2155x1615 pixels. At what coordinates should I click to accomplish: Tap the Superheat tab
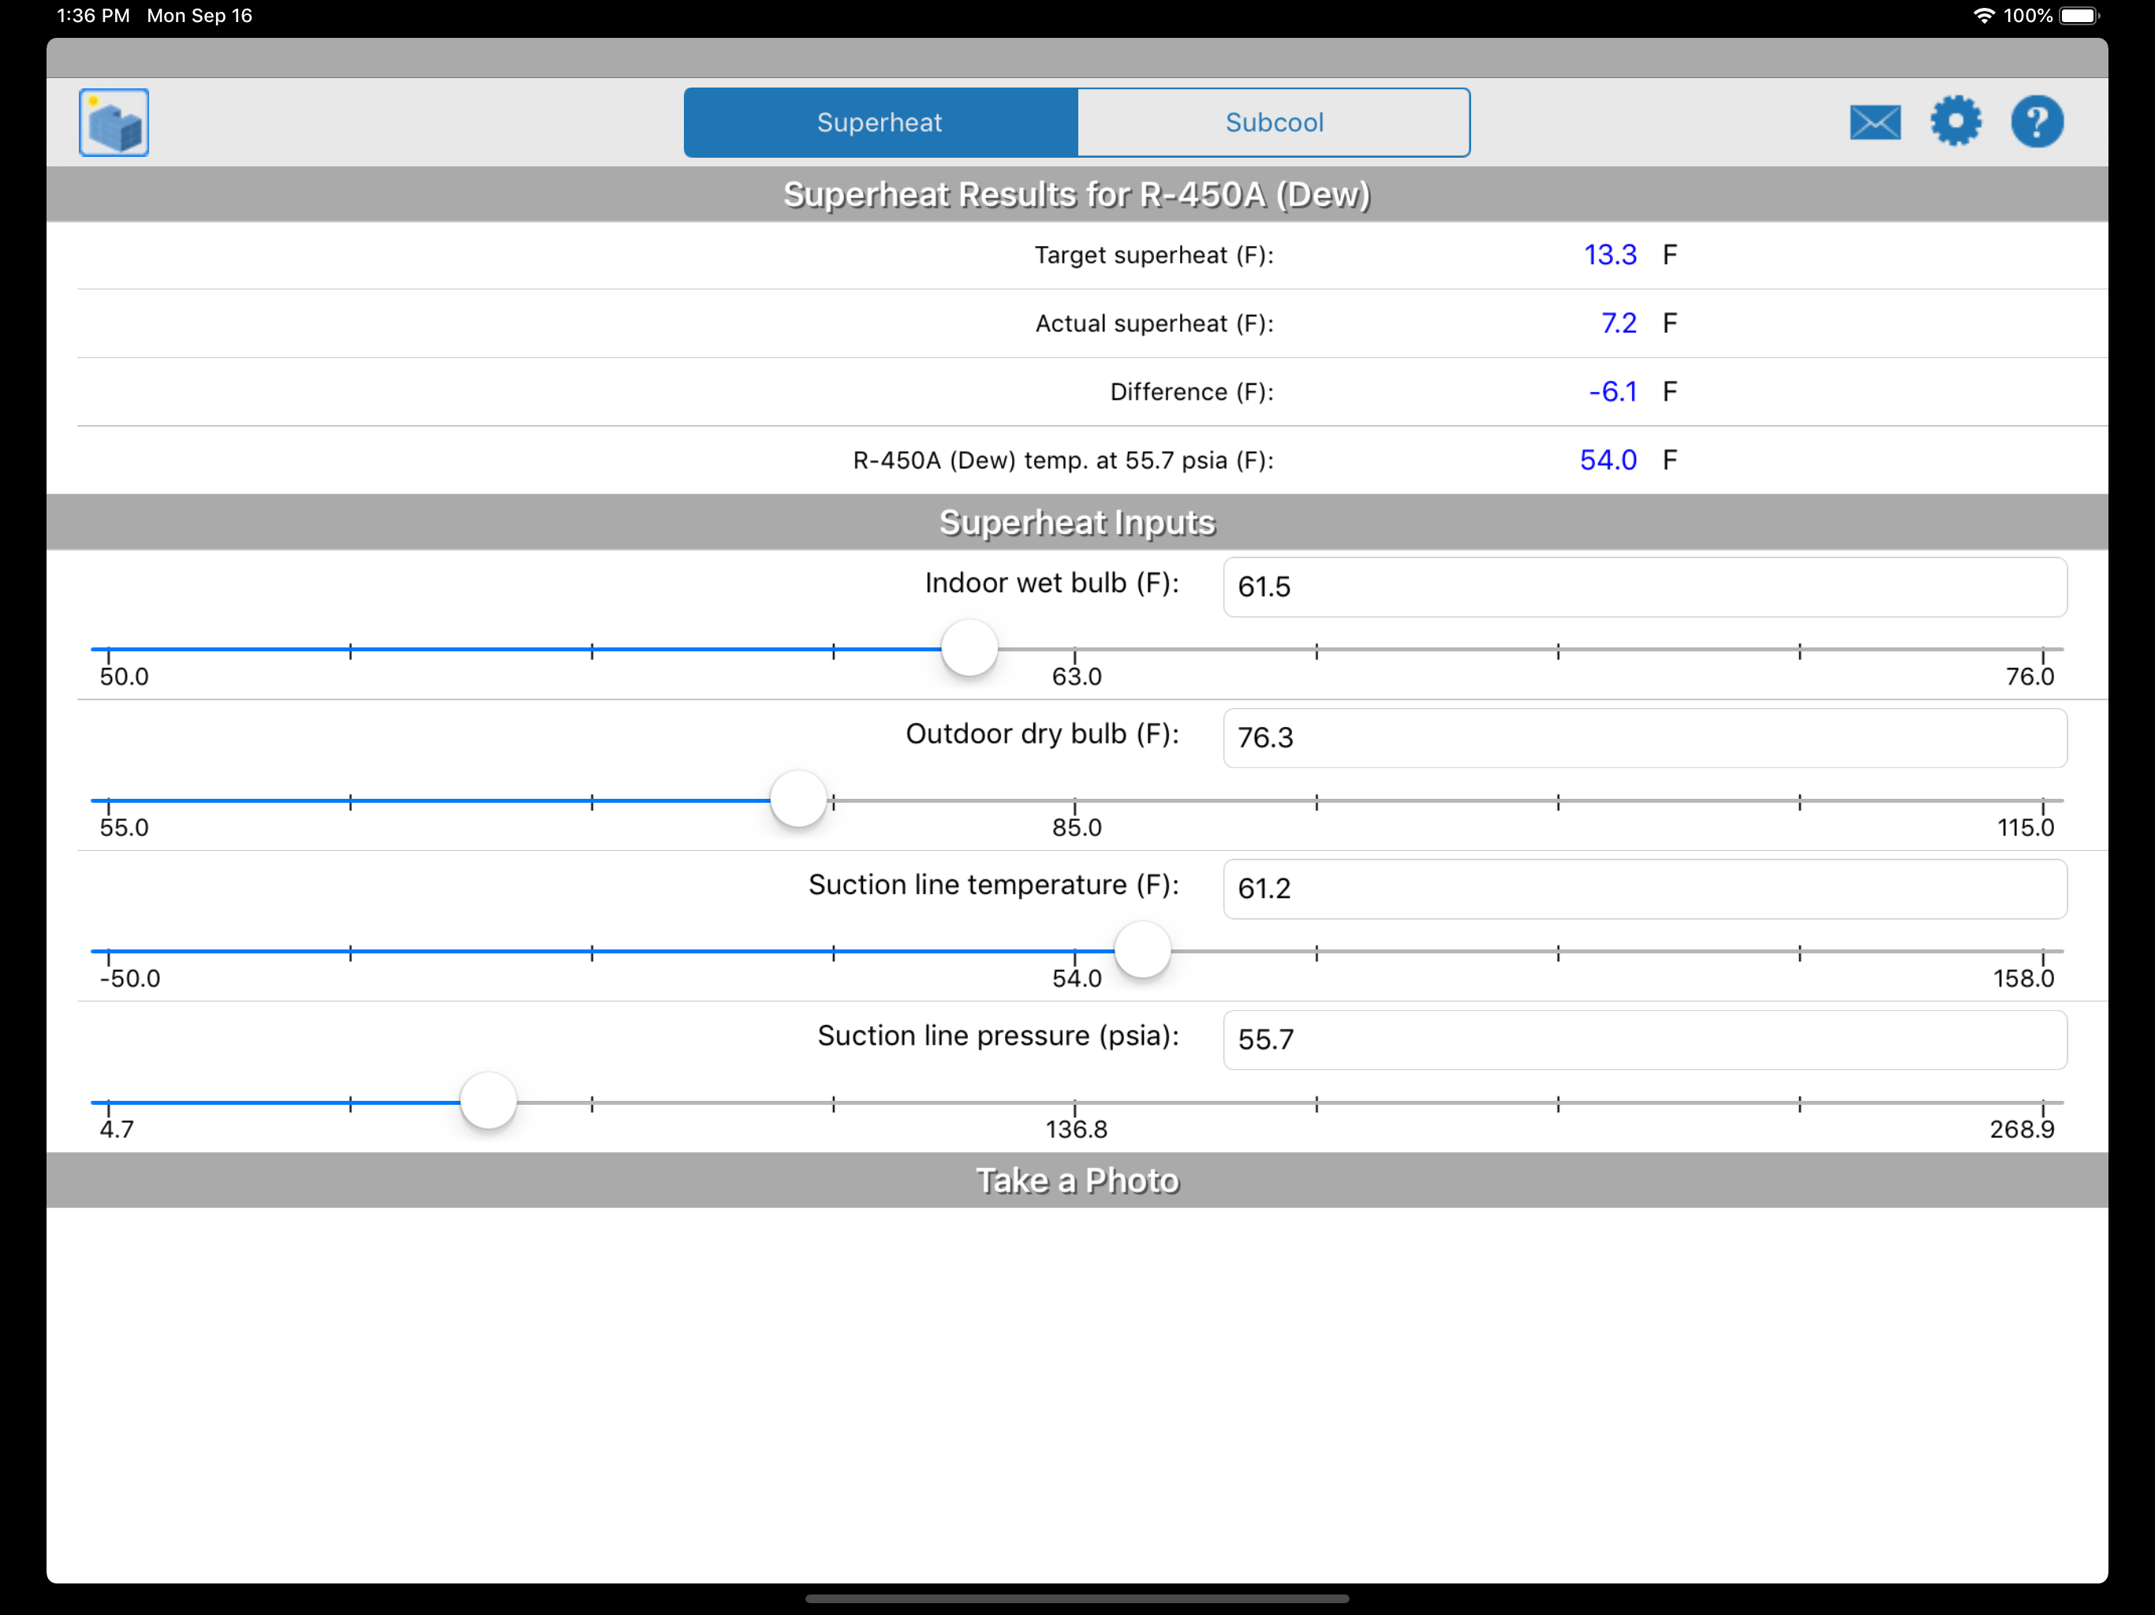point(880,123)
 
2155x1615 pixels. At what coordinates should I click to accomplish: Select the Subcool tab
point(1273,123)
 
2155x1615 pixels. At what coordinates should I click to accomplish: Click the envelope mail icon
point(1874,123)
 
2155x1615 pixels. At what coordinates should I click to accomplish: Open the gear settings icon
point(1955,121)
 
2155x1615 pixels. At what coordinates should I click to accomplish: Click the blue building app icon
point(114,123)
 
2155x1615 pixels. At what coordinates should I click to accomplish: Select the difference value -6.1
point(1612,392)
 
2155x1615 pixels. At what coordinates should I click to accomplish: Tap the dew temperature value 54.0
point(1608,460)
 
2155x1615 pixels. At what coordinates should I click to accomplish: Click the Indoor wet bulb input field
point(1644,587)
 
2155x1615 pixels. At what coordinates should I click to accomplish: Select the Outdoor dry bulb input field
point(1644,738)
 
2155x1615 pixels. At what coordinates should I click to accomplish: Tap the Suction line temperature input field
point(1644,890)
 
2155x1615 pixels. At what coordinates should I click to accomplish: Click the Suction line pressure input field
point(1644,1040)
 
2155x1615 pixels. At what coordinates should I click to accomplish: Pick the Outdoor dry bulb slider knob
point(798,800)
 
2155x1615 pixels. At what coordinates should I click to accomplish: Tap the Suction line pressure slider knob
point(488,1102)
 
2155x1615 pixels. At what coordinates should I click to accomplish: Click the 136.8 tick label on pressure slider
point(1076,1130)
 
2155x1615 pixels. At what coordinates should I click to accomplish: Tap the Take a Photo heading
point(1077,1180)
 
